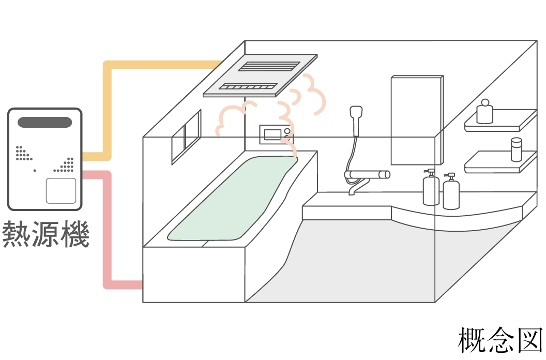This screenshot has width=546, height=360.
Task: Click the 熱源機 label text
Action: (45, 234)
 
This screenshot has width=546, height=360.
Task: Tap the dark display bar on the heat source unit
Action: (45, 123)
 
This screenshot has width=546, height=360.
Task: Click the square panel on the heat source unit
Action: (61, 190)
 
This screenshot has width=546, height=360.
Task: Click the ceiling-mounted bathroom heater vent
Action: (260, 75)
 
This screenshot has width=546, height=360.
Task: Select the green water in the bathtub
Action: (233, 199)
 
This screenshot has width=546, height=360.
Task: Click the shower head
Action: (356, 114)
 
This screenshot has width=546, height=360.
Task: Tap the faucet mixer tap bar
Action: (367, 175)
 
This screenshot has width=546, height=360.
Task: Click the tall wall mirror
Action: (417, 119)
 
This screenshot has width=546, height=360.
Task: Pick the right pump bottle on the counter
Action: (451, 192)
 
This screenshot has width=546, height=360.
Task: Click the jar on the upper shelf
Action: (484, 112)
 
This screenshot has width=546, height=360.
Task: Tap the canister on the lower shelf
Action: (516, 150)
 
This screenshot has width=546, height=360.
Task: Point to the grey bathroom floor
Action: (362, 259)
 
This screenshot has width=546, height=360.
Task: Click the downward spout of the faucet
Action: (354, 189)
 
